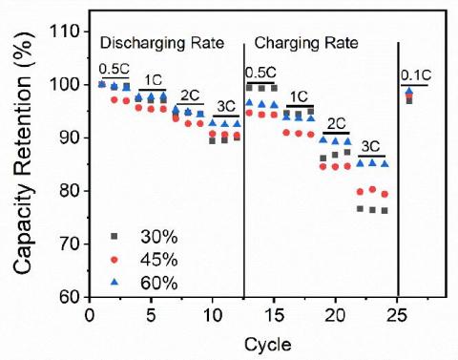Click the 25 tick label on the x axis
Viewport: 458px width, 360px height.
(x=397, y=314)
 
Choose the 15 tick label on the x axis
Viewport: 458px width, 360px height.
(x=274, y=314)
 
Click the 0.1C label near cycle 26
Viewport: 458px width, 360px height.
(x=416, y=74)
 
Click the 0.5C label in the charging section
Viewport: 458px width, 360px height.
(x=261, y=73)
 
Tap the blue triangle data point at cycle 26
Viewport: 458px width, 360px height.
(x=409, y=92)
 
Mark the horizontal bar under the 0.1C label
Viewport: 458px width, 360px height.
(x=415, y=85)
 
